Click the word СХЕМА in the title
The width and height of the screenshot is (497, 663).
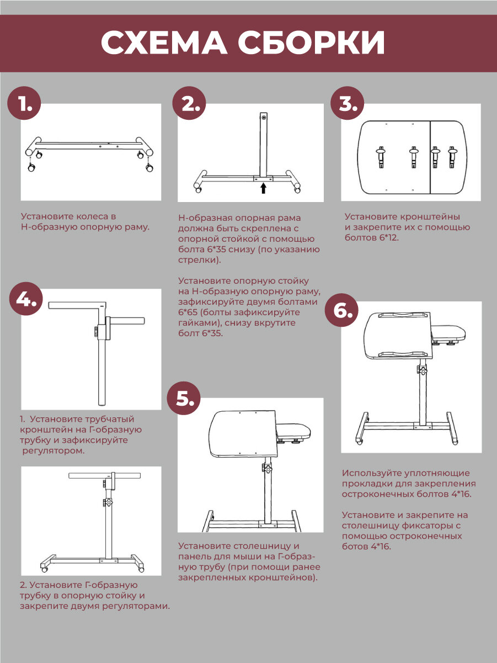coord(164,43)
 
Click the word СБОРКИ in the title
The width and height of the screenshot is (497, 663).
coord(312,43)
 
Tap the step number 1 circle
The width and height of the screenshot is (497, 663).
coord(24,103)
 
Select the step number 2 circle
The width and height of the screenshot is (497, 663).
coord(189,103)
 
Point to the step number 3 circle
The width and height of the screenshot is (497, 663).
coord(347,103)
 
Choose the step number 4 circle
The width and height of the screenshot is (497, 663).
coord(26,299)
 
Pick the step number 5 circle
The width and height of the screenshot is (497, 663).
coord(184,399)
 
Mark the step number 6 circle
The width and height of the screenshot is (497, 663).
coord(341,310)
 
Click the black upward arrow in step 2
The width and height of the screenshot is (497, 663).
coord(264,188)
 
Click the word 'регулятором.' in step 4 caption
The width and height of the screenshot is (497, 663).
coord(54,451)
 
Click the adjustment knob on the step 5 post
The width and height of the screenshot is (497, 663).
coord(267,469)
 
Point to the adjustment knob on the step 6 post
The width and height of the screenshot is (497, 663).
coord(422,370)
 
